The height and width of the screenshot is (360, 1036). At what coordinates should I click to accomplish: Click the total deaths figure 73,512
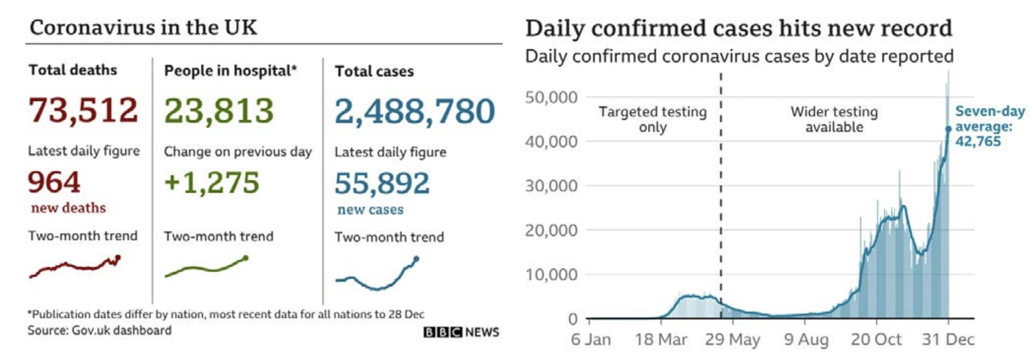tap(83, 110)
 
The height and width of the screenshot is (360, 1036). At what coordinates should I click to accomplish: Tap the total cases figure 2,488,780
tap(415, 112)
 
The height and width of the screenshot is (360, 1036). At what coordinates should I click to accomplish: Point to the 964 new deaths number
tap(54, 182)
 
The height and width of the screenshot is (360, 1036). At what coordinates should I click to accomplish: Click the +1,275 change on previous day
tap(212, 183)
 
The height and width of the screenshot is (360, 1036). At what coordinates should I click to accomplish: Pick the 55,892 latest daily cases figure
tap(382, 184)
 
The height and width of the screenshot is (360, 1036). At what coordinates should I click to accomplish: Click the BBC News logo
tap(461, 332)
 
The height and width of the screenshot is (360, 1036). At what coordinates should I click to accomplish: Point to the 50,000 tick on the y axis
tap(551, 97)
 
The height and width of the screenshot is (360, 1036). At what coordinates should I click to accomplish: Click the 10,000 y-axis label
tap(551, 275)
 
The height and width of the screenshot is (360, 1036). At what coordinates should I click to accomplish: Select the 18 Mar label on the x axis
tap(661, 340)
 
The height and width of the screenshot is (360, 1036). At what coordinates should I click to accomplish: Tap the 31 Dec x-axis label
tap(948, 340)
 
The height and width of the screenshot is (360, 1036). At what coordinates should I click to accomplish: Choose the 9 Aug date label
tap(806, 340)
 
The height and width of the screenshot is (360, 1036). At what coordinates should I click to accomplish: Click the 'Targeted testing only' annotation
tap(653, 119)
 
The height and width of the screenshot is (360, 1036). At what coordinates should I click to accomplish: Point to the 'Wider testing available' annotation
tap(834, 119)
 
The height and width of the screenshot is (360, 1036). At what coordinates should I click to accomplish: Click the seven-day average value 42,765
tap(978, 141)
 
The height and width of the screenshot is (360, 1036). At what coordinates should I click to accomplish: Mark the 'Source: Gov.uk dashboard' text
tap(100, 331)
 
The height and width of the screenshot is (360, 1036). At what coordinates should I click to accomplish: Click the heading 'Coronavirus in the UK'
tap(143, 28)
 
